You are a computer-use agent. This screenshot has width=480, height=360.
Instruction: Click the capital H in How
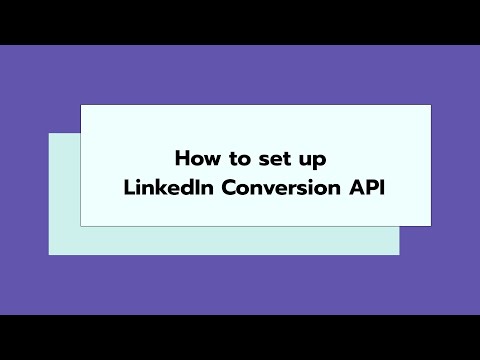181,158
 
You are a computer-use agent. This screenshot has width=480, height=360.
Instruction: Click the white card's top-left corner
81,104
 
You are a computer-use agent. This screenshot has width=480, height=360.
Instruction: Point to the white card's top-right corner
431,104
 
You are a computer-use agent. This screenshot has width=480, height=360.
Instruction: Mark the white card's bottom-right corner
431,226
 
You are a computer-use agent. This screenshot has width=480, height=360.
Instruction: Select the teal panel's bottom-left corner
50,254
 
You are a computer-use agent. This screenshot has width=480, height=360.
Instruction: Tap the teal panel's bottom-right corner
399,254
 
